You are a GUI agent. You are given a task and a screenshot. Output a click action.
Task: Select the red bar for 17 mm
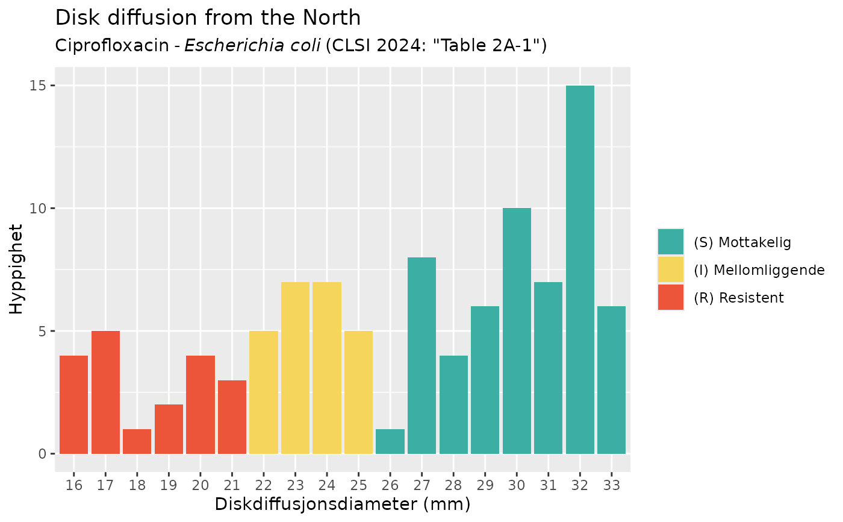click(105, 392)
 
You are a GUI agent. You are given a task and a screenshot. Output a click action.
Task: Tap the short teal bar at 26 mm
click(390, 441)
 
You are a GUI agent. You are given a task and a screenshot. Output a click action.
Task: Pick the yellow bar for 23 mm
click(295, 368)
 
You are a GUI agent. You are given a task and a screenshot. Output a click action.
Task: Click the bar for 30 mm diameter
click(517, 331)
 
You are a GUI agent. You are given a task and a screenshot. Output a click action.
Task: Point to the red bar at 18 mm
click(137, 441)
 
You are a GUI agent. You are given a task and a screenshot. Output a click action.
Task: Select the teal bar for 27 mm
click(421, 356)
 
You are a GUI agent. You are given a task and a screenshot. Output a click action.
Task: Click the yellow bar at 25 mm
click(358, 392)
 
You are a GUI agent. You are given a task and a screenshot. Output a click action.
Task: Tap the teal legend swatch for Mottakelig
click(671, 242)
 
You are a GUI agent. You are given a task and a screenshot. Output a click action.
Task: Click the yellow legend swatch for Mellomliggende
click(671, 269)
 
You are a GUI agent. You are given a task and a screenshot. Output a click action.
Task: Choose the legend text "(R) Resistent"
click(739, 298)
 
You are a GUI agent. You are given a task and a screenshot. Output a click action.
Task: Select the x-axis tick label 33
click(612, 485)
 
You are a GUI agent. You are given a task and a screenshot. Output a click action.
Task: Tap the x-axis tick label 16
click(74, 485)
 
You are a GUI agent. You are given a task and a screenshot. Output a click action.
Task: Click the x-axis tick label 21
click(232, 485)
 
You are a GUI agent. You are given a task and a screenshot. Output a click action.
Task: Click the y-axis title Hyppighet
click(17, 269)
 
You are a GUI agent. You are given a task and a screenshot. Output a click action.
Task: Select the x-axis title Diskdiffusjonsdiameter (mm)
click(343, 504)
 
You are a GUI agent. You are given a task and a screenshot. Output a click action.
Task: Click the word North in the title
click(333, 18)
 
